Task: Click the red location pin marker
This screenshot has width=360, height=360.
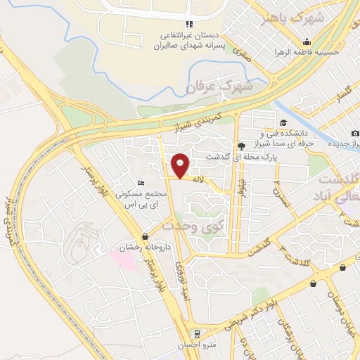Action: pyautogui.click(x=181, y=165)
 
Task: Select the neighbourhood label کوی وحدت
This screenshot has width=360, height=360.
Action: pyautogui.click(x=186, y=227)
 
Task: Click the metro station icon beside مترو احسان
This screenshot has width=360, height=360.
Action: pyautogui.click(x=199, y=335)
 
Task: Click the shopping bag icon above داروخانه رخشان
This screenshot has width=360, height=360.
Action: pyautogui.click(x=145, y=236)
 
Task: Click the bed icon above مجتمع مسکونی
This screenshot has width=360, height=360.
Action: pyautogui.click(x=142, y=184)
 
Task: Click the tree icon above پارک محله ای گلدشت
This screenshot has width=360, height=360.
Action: pyautogui.click(x=242, y=146)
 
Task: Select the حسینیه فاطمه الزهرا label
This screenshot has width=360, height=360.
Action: pyautogui.click(x=307, y=53)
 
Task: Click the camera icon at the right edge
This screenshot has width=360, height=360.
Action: pyautogui.click(x=355, y=134)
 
